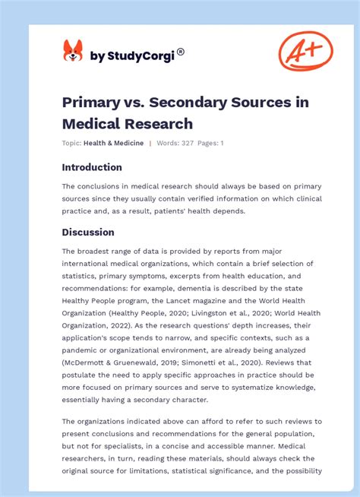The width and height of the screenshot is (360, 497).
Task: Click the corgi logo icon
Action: pyautogui.click(x=73, y=51)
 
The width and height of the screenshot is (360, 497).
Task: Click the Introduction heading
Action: pyautogui.click(x=91, y=167)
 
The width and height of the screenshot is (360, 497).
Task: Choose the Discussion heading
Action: pyautogui.click(x=88, y=232)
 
